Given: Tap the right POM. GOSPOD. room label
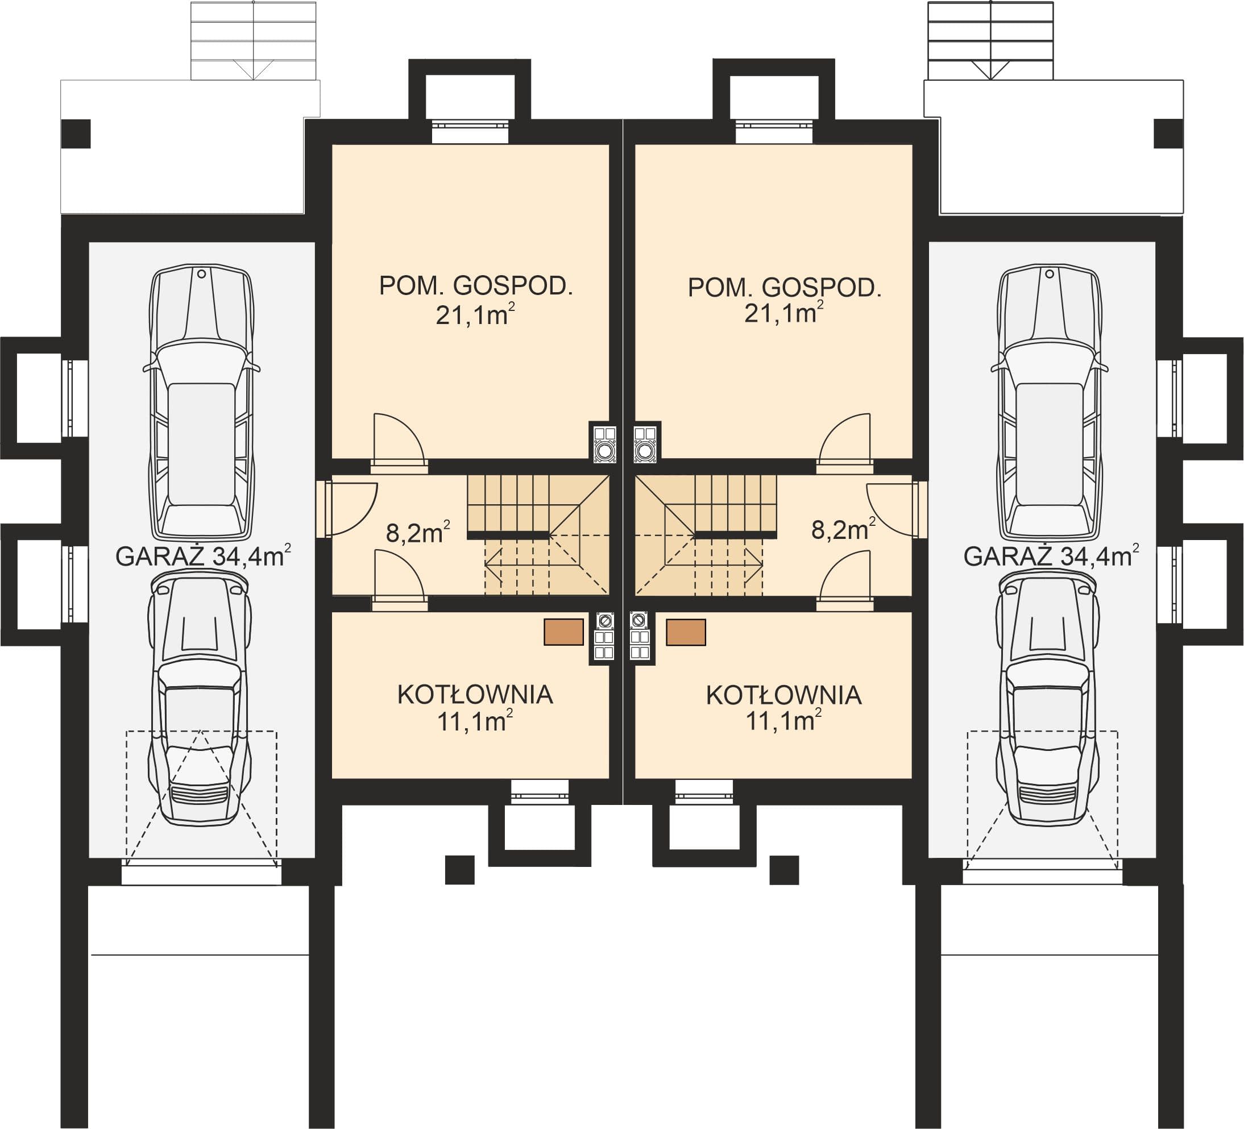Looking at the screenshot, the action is click(784, 288).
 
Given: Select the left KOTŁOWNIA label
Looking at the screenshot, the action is click(475, 695).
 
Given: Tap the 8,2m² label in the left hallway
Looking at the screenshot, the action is click(418, 532).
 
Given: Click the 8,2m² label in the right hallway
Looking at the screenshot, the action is click(843, 529).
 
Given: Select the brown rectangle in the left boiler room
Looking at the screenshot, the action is click(563, 632).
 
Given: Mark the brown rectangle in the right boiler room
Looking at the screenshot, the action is click(686, 632).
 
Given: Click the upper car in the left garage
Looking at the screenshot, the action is click(202, 403).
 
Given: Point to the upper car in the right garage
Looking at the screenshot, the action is click(1050, 403).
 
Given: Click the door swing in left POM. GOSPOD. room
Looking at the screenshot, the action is click(399, 439).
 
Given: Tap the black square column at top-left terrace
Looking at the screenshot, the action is click(76, 133).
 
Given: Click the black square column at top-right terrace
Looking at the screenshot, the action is click(1168, 133).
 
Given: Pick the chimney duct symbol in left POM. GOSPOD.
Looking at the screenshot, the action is click(603, 442).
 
